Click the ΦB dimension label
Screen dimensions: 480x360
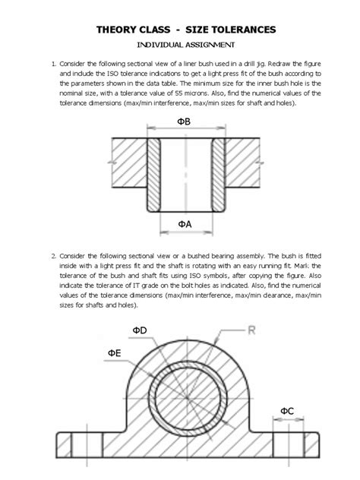pos(184,122)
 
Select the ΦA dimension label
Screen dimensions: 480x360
pos(183,223)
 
